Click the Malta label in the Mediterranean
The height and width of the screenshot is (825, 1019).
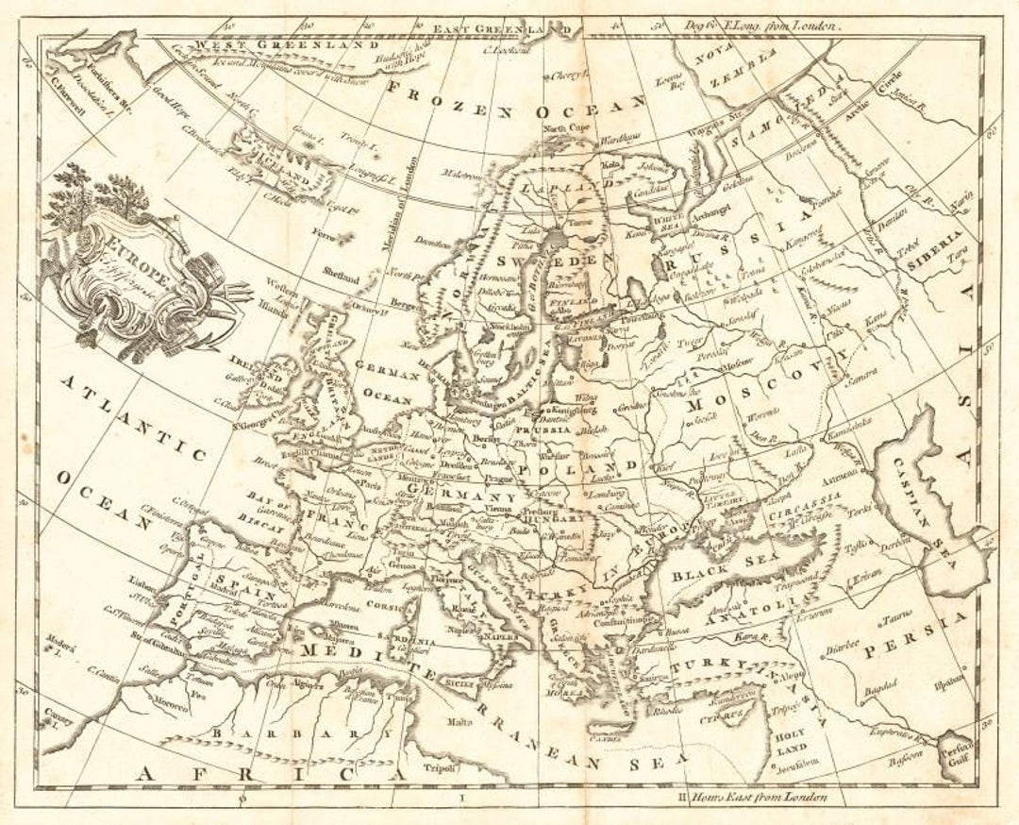point(459,722)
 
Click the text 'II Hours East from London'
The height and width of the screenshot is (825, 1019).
point(754,798)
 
